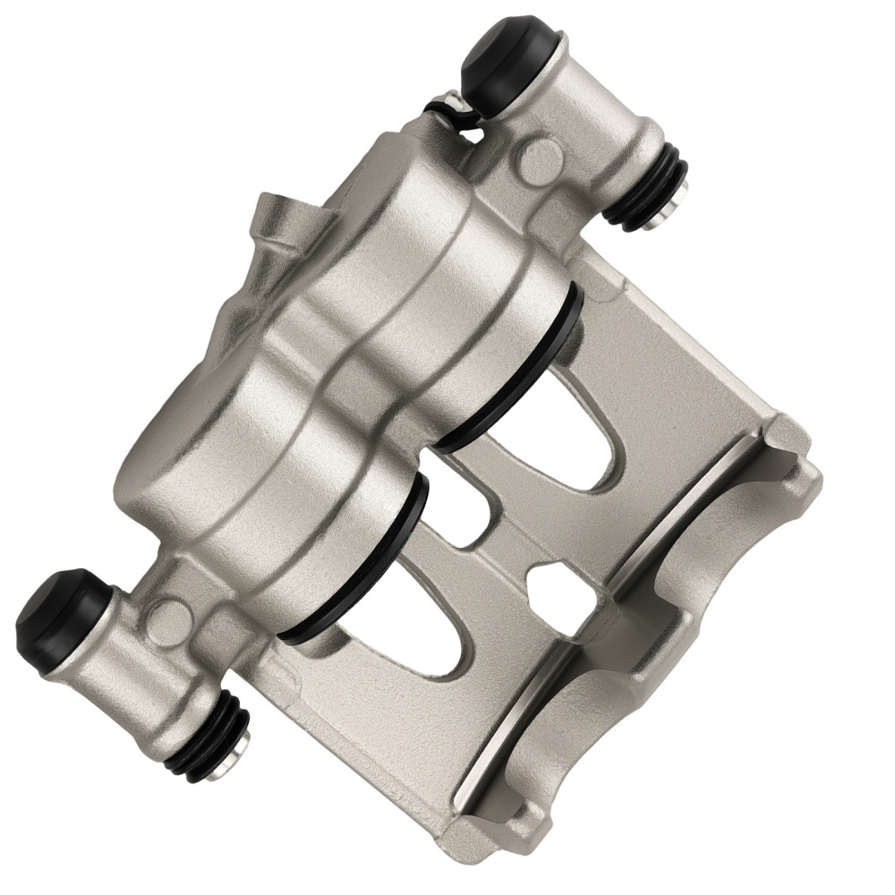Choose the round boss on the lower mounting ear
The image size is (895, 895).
point(167,615)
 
